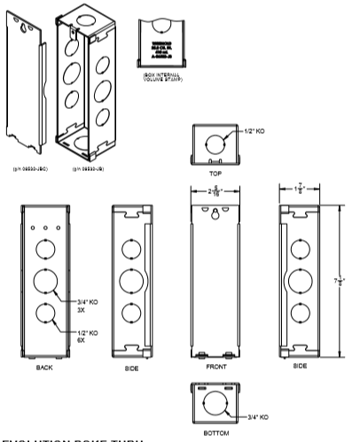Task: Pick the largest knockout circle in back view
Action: [45, 282]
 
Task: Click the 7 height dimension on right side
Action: [341, 281]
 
